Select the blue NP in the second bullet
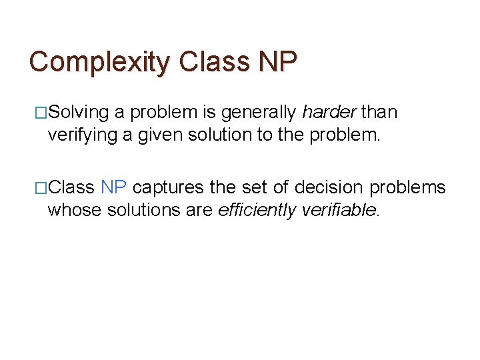(114, 187)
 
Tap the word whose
(71, 211)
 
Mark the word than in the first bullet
(380, 113)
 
